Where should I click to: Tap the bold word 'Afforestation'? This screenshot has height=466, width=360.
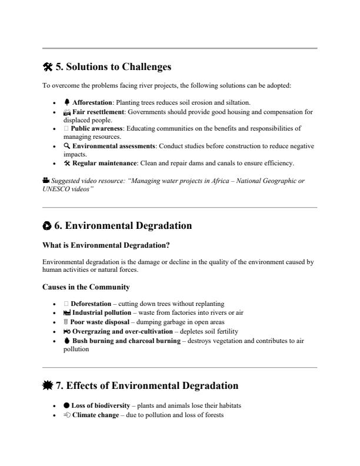(92, 103)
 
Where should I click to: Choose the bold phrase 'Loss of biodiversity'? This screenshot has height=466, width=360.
(99, 406)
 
